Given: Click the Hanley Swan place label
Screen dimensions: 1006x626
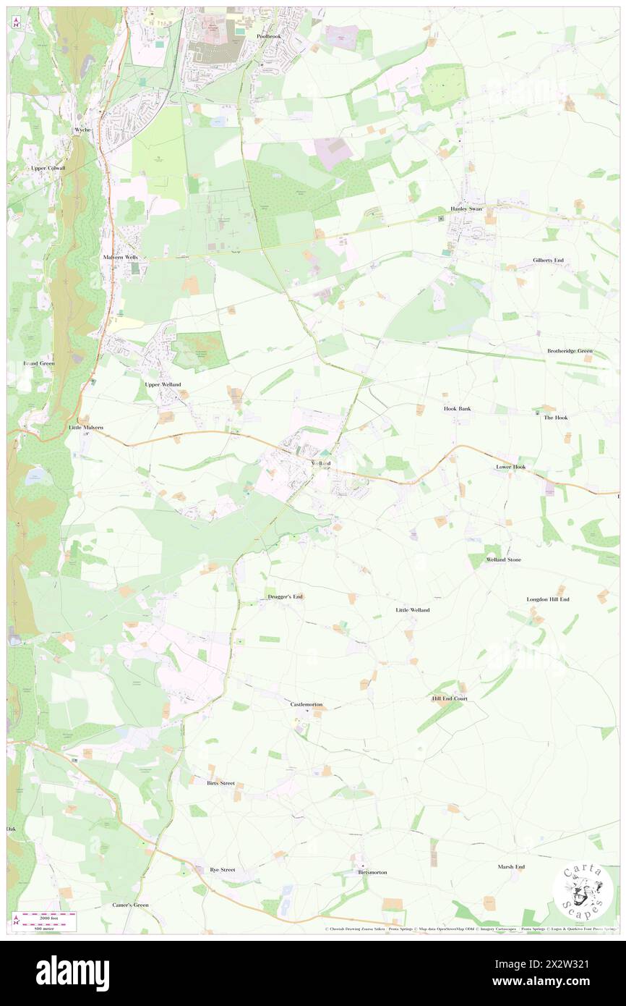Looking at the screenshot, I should pos(466,208).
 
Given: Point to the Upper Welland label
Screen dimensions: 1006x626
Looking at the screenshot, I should pos(163,384).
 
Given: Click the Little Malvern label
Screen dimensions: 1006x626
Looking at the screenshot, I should pos(86,428).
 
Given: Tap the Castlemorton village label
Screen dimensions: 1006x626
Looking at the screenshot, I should pos(306,704).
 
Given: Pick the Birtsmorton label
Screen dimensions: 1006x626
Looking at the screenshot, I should pos(372,872).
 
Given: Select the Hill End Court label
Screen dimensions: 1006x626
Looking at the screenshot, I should pos(450,698).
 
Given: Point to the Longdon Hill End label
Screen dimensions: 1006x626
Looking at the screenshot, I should pos(548,599).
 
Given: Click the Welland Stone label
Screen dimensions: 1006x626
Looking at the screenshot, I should pos(503,559).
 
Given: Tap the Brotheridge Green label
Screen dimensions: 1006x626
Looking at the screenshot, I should pos(570,351).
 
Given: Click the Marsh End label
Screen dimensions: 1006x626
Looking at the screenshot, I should pos(511,866).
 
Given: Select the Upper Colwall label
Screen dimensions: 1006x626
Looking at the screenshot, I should pos(48,168).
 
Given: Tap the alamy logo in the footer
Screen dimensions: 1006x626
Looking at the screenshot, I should pos(72,973).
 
